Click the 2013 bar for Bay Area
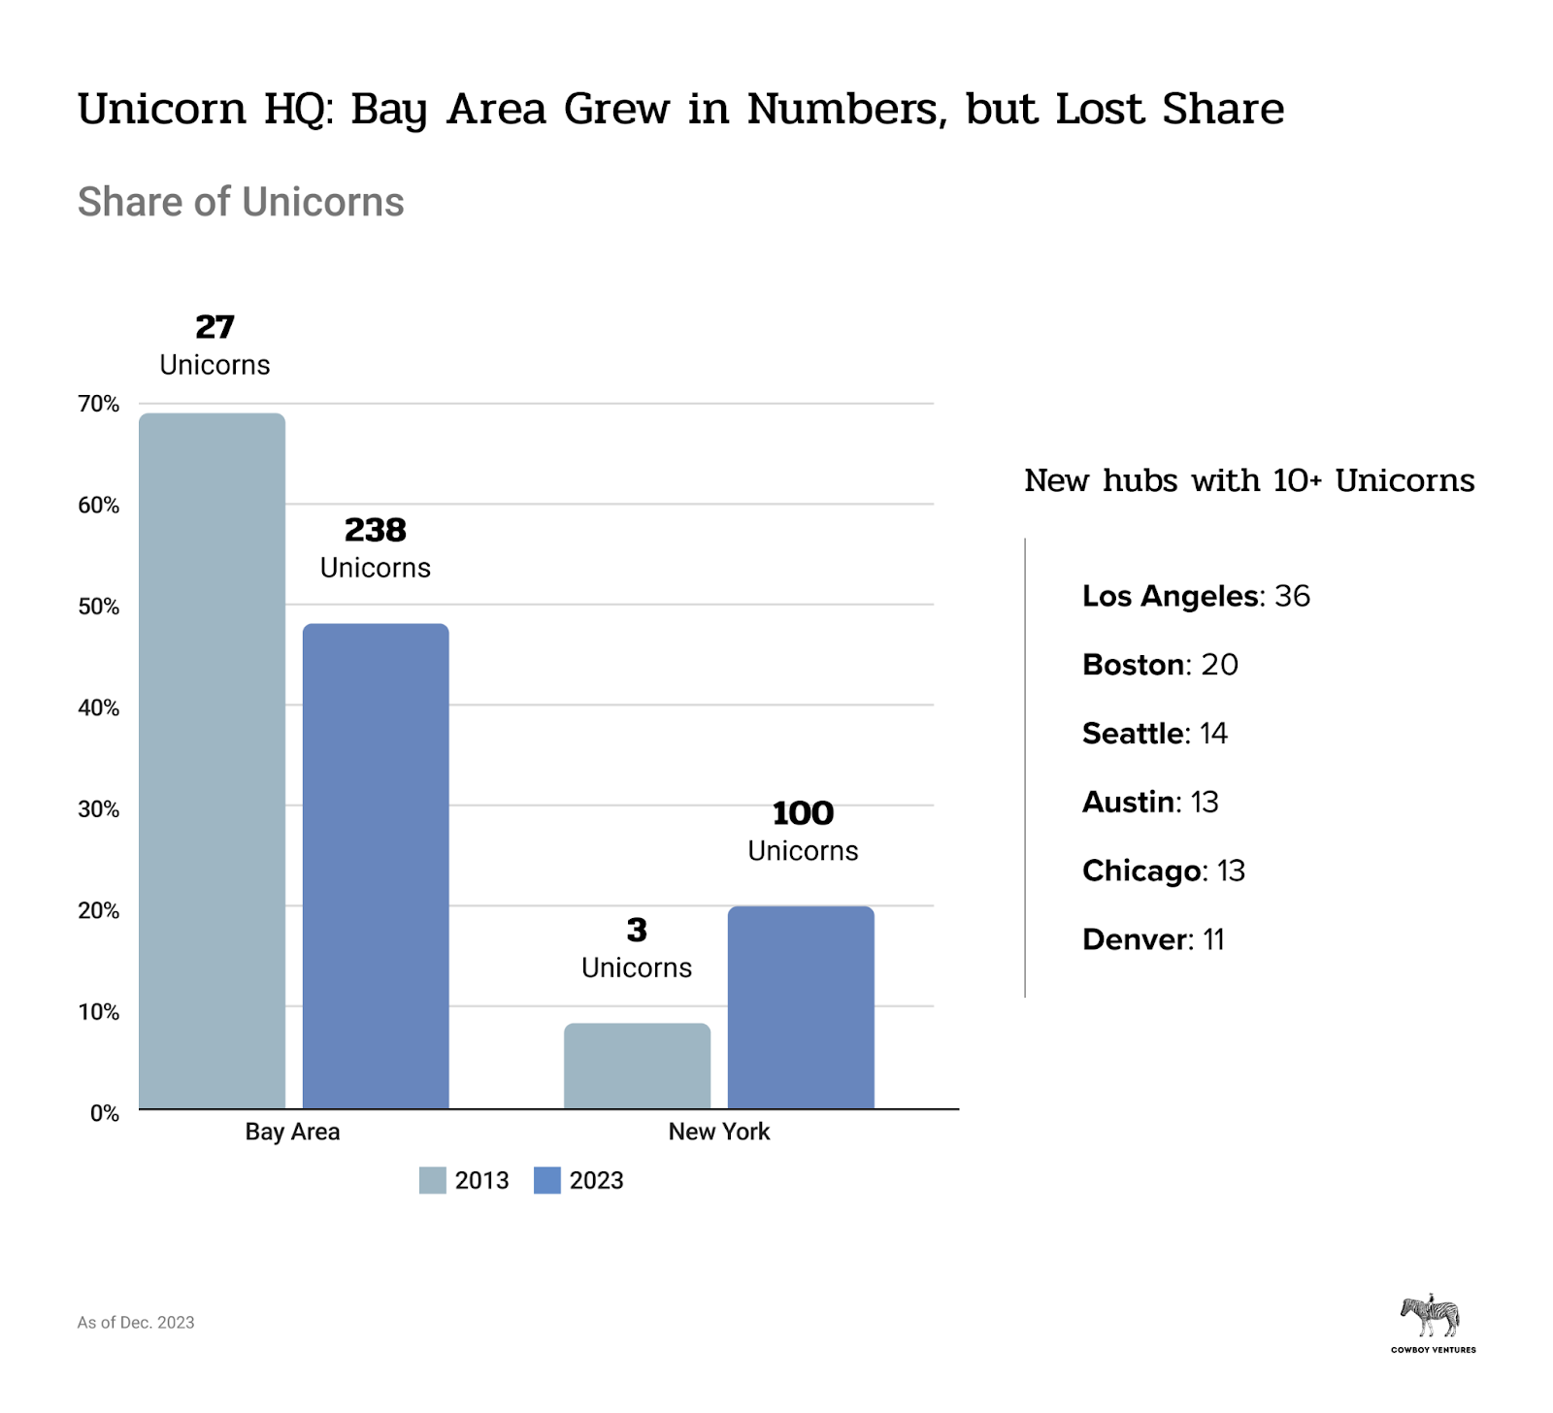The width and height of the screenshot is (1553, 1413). (x=212, y=761)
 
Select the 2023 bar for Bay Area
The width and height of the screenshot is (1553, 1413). (x=376, y=866)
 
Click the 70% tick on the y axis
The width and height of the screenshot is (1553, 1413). (x=99, y=404)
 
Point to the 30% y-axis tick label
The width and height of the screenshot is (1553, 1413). (x=99, y=809)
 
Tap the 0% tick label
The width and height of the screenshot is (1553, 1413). (x=105, y=1113)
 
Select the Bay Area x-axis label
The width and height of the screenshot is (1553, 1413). (x=292, y=1132)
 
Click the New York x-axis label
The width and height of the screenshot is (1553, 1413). (x=718, y=1132)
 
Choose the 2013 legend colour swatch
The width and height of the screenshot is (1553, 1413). (x=432, y=1180)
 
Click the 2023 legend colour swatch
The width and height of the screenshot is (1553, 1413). (x=547, y=1180)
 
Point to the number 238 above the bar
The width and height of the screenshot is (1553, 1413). (x=376, y=530)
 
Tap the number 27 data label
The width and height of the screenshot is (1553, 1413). (x=215, y=327)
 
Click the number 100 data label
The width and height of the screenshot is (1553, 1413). (x=803, y=813)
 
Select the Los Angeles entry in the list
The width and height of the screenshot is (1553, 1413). (x=1196, y=596)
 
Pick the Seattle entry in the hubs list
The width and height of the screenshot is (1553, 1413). (x=1155, y=734)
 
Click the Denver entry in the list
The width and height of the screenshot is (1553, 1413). (x=1153, y=939)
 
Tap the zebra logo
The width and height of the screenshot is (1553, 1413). (x=1431, y=1317)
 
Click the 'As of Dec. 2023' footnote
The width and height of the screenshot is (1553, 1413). (x=136, y=1322)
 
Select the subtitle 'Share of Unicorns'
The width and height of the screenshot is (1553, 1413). (x=241, y=202)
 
